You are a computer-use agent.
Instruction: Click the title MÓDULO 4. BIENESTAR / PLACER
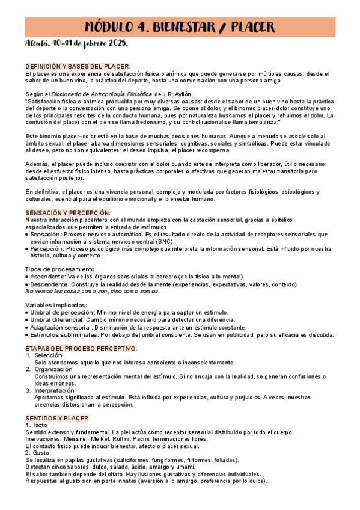tap(180, 27)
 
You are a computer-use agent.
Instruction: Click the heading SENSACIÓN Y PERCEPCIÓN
tap(68, 213)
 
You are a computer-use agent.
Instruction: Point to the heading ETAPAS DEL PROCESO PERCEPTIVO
tap(81, 349)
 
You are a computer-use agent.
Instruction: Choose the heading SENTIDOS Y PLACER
tap(58, 418)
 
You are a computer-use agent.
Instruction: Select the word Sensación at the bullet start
tap(46, 234)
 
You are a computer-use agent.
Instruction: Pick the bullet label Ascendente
tap(48, 276)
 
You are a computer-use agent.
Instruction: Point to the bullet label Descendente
tap(50, 283)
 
